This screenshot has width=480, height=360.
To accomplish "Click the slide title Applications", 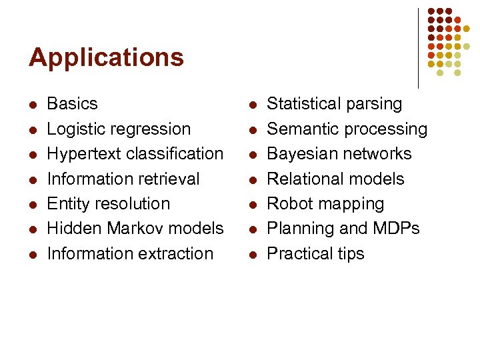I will (x=106, y=58).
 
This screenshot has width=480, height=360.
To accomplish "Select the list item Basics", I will (x=72, y=104).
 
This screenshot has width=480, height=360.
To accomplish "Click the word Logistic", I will (x=75, y=129).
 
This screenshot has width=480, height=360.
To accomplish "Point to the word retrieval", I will (x=167, y=179).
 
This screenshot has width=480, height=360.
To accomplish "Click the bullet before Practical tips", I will (x=252, y=255).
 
